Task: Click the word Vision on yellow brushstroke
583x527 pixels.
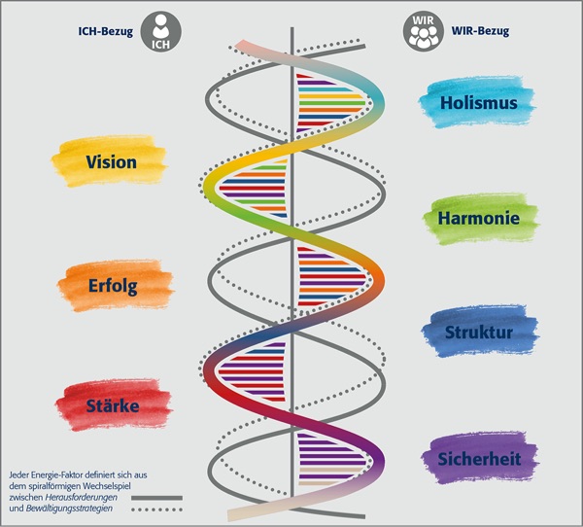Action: coord(111,161)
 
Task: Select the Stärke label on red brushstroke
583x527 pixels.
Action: coord(112,404)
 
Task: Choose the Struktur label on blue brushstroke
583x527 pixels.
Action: coord(478,334)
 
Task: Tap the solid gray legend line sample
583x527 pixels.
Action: coord(156,497)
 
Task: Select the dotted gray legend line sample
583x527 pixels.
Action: coord(156,509)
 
